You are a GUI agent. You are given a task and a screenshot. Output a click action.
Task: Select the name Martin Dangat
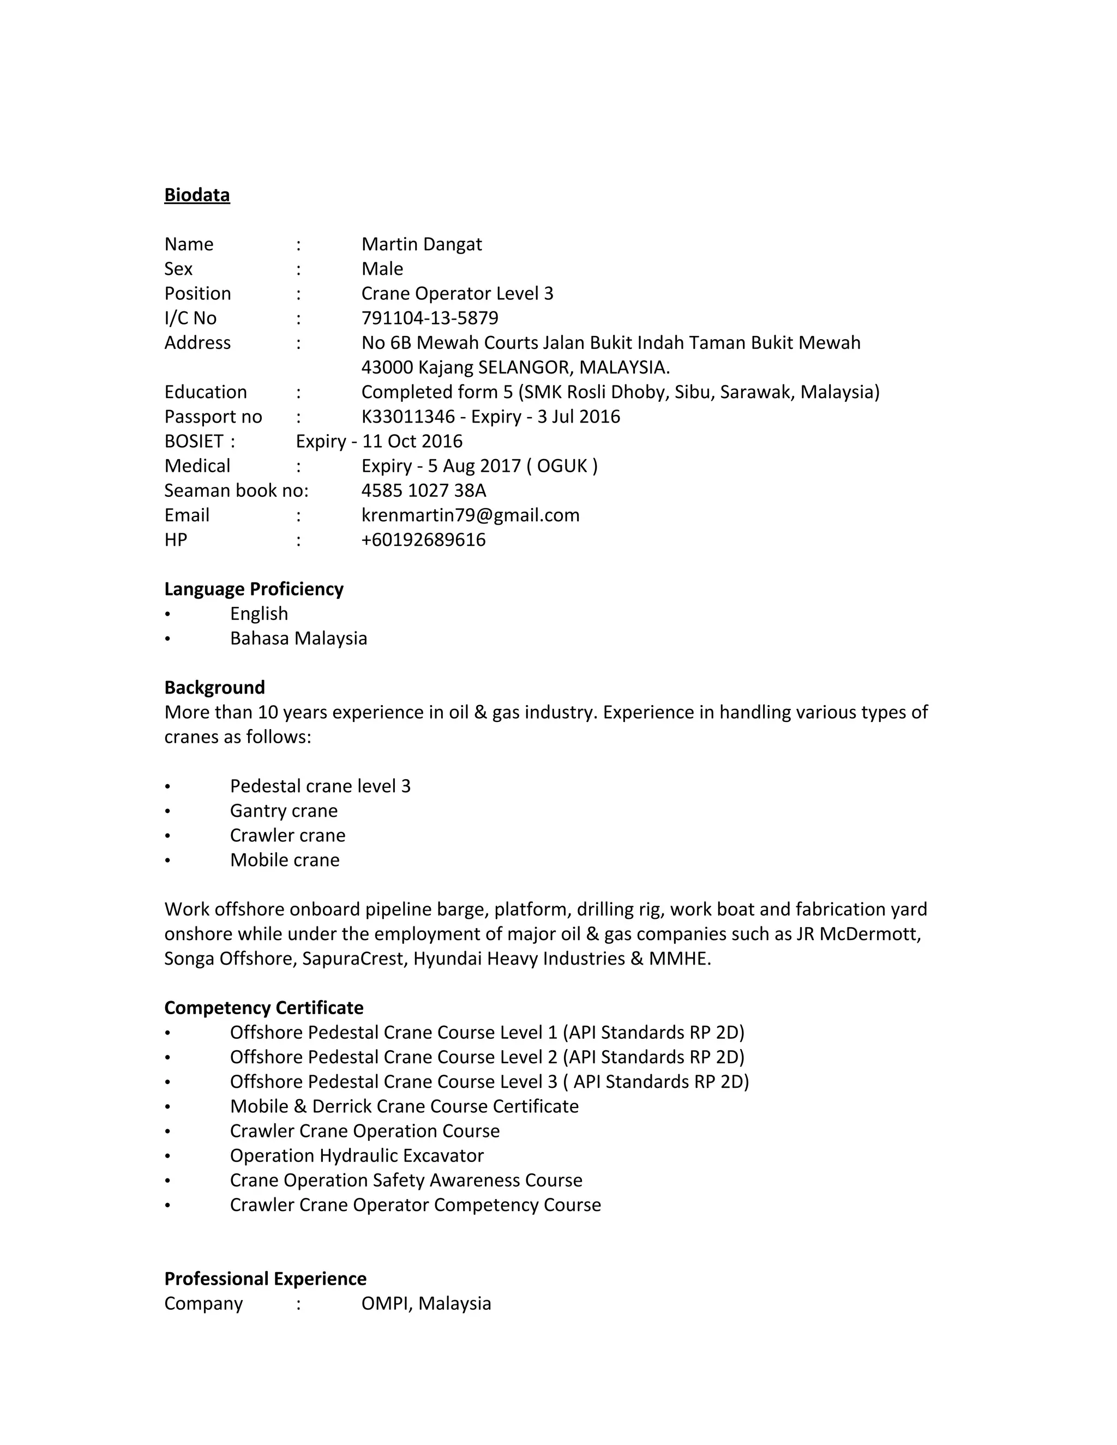[x=421, y=244]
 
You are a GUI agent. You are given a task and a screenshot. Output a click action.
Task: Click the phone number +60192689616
[x=423, y=540]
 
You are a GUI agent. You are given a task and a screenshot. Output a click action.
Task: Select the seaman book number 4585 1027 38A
[x=423, y=491]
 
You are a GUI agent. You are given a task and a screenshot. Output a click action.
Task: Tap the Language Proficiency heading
[x=254, y=589]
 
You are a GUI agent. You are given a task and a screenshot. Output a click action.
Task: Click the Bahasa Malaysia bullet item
[x=298, y=639]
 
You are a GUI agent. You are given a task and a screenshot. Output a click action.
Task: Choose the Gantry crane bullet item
[x=283, y=811]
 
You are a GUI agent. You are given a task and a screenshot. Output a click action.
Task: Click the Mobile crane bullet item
[x=285, y=860]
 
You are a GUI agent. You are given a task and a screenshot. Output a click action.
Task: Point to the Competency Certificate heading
[x=263, y=1008]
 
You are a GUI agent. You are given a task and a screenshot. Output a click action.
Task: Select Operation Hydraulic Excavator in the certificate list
[x=357, y=1156]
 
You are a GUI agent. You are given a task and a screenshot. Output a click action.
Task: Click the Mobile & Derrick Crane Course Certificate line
[x=404, y=1106]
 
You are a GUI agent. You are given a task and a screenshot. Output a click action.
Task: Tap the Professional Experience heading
[x=265, y=1279]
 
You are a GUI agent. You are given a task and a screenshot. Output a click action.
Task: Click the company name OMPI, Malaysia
[x=425, y=1303]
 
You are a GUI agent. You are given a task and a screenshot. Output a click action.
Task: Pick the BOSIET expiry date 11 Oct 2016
[x=412, y=441]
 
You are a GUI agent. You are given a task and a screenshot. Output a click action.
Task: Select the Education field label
[x=205, y=393]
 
